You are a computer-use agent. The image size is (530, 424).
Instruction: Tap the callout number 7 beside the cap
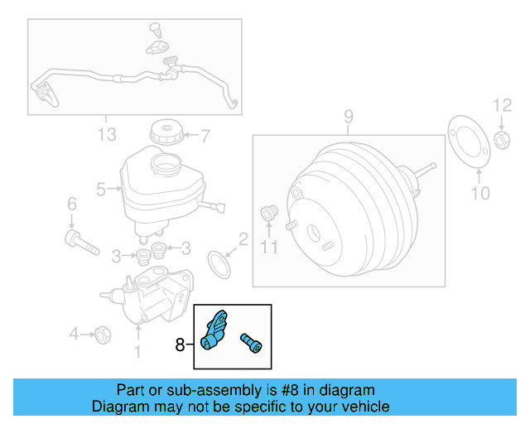point(205,134)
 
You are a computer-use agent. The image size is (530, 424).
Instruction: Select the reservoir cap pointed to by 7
point(166,132)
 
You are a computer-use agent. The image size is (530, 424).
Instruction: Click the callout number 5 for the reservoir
point(101,190)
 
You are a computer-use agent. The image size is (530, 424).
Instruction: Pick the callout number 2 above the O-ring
point(243,240)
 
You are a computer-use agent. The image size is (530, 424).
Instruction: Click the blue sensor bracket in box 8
point(217,331)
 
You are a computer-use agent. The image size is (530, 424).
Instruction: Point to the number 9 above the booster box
point(349,116)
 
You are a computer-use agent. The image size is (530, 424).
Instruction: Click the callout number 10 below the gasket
point(479,193)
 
